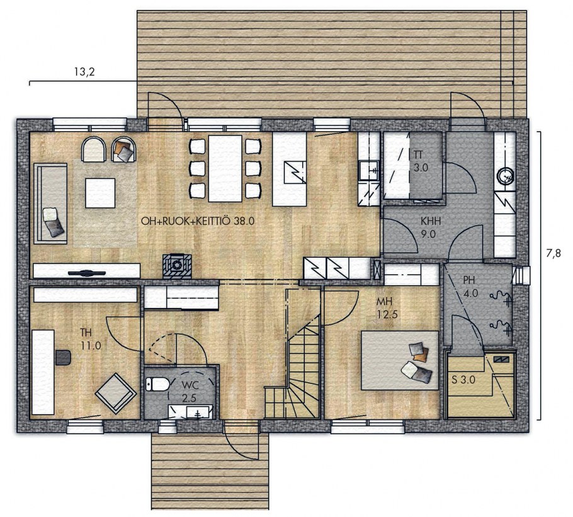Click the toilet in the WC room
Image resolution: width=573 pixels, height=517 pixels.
[157, 384]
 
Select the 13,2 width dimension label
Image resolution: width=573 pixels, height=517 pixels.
[84, 72]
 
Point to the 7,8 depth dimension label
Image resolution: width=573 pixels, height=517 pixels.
[553, 253]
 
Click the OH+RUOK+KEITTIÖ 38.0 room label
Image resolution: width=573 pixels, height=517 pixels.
[197, 221]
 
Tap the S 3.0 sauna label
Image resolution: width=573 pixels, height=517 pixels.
[463, 380]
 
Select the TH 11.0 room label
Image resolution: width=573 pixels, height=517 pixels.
[90, 339]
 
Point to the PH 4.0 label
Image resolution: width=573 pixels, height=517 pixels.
[470, 287]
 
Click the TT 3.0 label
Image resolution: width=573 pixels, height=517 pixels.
[421, 161]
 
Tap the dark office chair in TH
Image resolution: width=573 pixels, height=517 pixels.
[63, 357]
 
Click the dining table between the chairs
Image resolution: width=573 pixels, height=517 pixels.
[225, 169]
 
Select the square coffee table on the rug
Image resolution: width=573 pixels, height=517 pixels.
[100, 193]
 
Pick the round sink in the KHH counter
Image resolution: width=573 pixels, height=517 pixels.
[505, 175]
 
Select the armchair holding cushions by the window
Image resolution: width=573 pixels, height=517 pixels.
[124, 149]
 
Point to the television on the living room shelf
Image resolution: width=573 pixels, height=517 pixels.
[86, 272]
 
